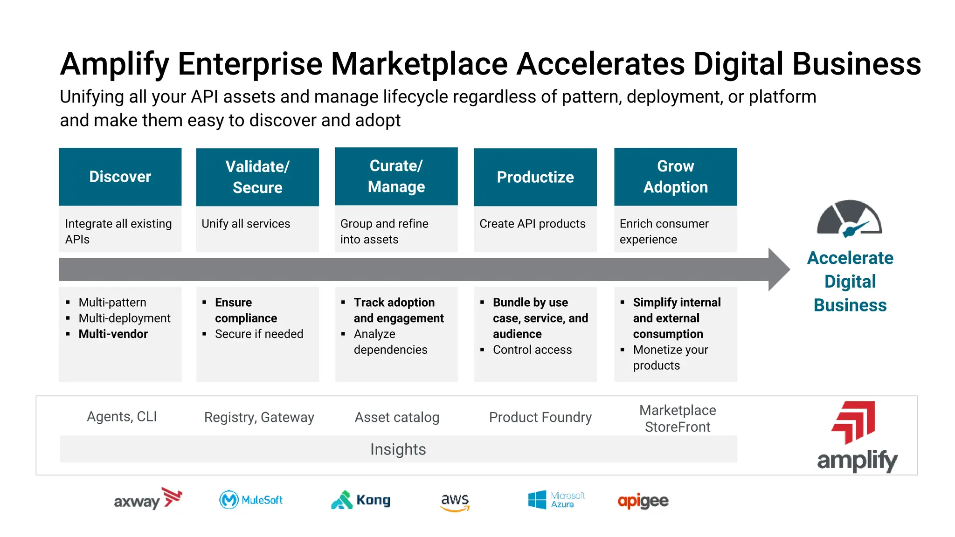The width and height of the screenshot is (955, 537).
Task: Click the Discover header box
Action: click(x=120, y=177)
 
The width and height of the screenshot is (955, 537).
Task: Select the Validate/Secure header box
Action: click(x=257, y=177)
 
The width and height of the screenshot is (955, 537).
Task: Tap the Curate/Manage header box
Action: click(x=396, y=176)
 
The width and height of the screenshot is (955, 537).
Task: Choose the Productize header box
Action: click(x=535, y=177)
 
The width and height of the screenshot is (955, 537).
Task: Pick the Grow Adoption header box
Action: click(x=675, y=177)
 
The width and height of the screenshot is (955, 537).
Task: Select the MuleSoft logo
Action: click(x=251, y=500)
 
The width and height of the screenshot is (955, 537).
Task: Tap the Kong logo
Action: click(x=360, y=500)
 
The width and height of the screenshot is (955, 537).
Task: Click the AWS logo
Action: click(x=455, y=502)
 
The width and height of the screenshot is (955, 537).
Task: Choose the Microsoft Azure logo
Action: click(x=556, y=500)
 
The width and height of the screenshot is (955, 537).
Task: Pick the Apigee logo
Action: click(x=643, y=501)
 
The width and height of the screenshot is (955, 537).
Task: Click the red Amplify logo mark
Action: click(x=853, y=422)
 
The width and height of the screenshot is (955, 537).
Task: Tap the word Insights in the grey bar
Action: click(x=398, y=449)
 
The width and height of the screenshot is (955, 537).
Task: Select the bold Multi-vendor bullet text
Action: click(x=113, y=334)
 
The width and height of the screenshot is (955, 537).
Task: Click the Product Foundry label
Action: click(x=540, y=417)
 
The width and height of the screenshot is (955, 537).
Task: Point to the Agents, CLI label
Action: click(x=122, y=416)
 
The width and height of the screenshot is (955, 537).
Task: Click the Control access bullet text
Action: click(x=532, y=350)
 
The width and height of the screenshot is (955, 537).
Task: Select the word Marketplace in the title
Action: click(x=419, y=64)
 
